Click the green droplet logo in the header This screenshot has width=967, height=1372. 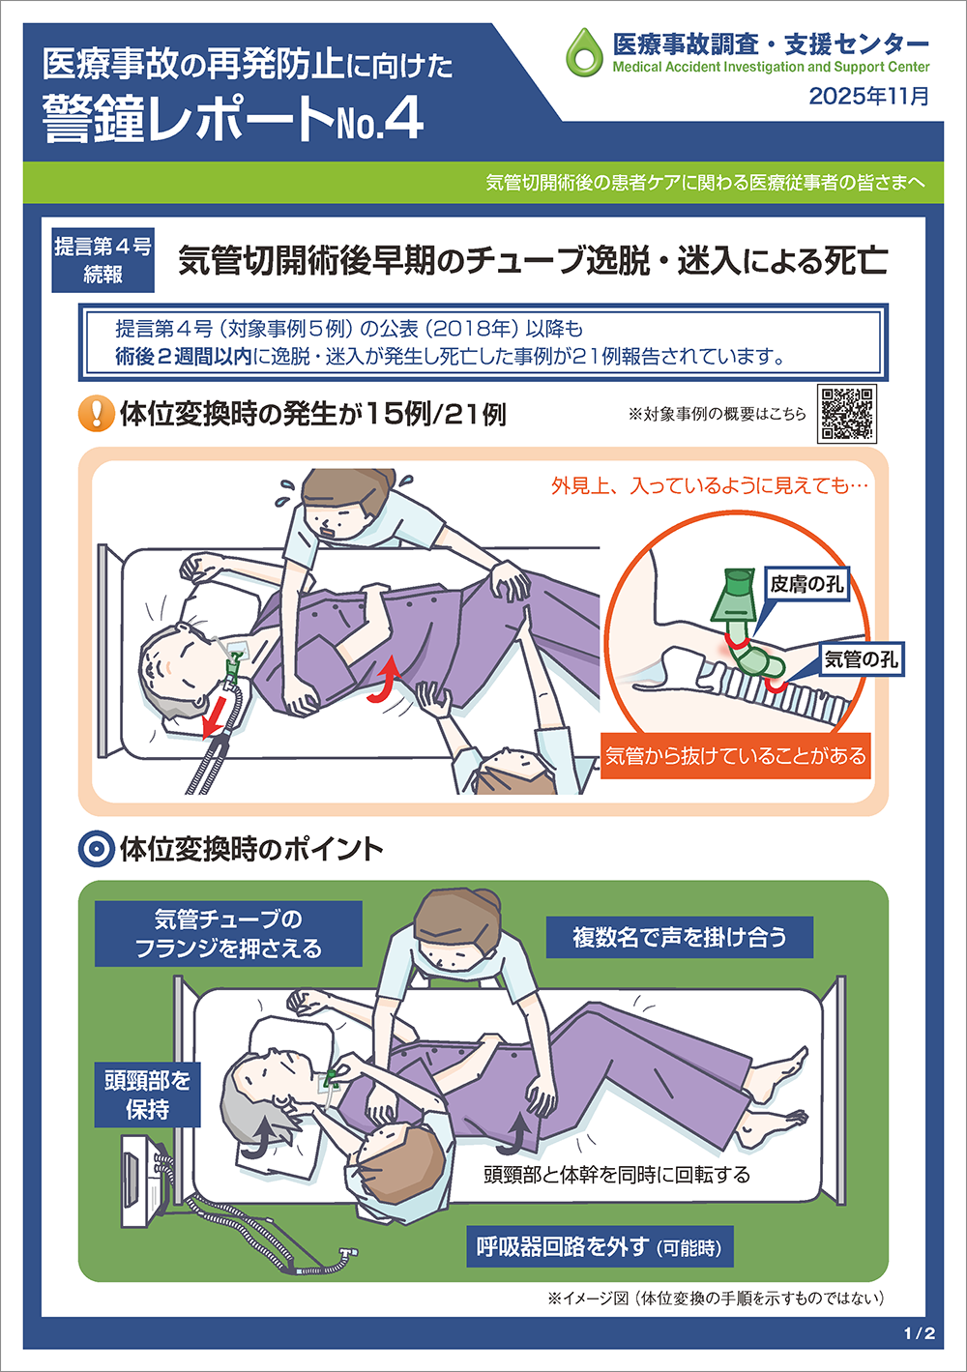[584, 52]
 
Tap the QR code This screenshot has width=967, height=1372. [847, 414]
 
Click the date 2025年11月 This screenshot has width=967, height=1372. [869, 96]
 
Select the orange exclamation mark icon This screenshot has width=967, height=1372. [96, 414]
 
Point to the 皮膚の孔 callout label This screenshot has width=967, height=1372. [806, 584]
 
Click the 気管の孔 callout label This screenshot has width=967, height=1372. [861, 659]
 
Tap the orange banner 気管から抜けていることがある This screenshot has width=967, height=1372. [735, 756]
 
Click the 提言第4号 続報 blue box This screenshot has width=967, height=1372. [103, 260]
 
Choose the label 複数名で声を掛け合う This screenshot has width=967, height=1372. [679, 937]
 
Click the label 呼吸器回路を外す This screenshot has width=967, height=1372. [600, 1246]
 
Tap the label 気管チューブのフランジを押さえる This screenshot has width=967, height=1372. [228, 933]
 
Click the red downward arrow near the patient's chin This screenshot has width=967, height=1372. [215, 716]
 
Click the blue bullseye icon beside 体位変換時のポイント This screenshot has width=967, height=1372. [96, 850]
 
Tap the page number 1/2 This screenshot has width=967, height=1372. [920, 1332]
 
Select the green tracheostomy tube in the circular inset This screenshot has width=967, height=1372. [747, 625]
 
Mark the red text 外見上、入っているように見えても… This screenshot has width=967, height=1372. [709, 485]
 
